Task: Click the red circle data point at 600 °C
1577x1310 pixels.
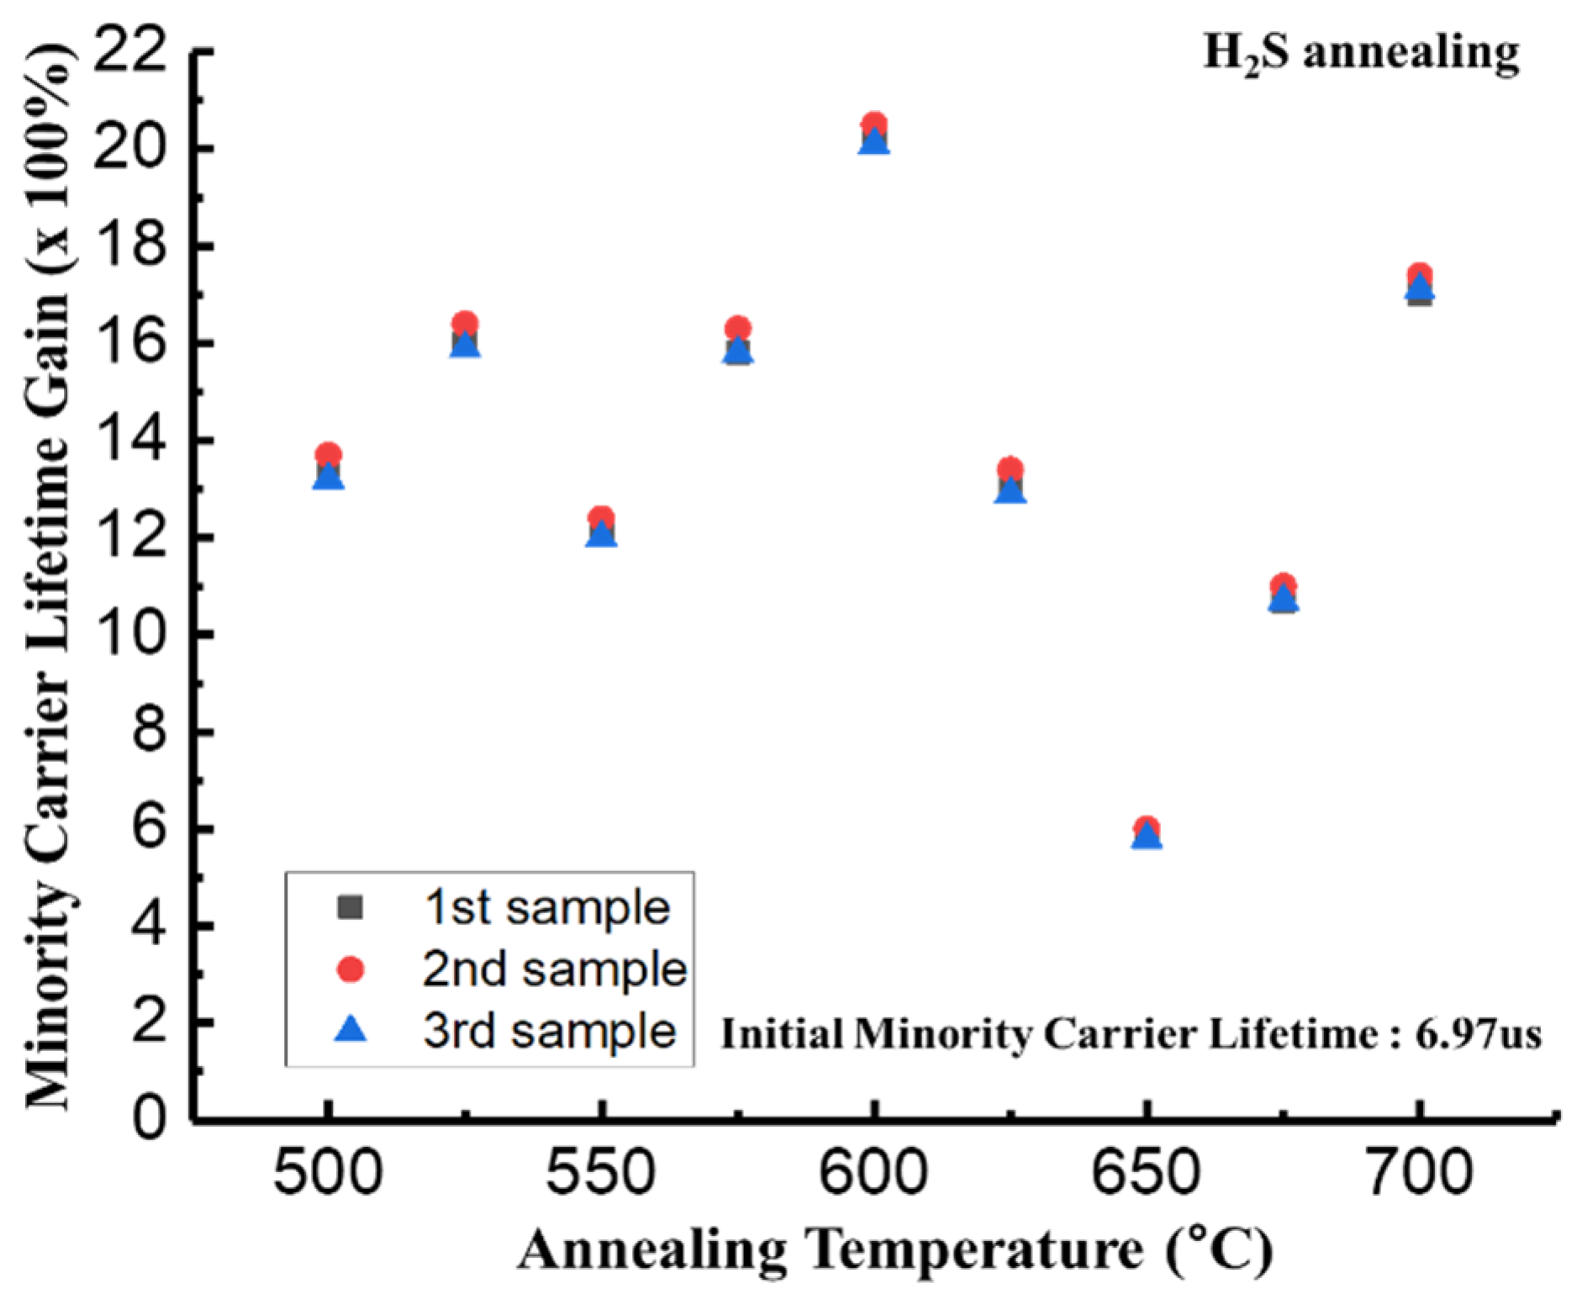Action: pyautogui.click(x=874, y=124)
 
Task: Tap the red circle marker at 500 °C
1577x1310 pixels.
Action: pyautogui.click(x=328, y=454)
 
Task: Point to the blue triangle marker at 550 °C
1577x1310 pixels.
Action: pyautogui.click(x=601, y=536)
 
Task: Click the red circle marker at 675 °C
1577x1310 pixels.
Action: pyautogui.click(x=1283, y=584)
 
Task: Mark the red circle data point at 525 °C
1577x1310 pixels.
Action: pyautogui.click(x=465, y=323)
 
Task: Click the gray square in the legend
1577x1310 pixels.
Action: pyautogui.click(x=350, y=907)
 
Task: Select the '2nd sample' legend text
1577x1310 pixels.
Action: pyautogui.click(x=554, y=969)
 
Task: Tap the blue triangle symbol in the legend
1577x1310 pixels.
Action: pyautogui.click(x=350, y=1029)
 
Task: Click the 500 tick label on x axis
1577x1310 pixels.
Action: pyautogui.click(x=328, y=1173)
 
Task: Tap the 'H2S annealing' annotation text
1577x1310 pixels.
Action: pyautogui.click(x=1361, y=53)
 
